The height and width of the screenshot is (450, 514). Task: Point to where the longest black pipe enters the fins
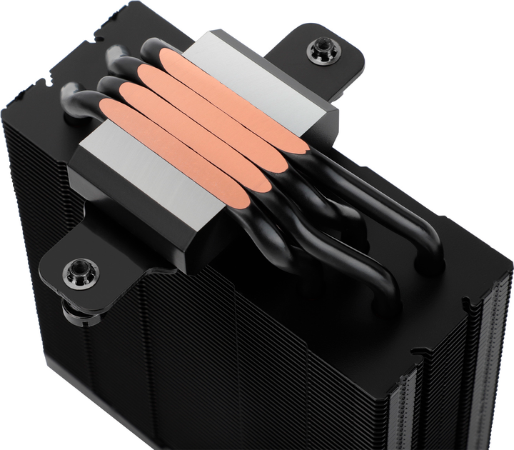429,264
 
